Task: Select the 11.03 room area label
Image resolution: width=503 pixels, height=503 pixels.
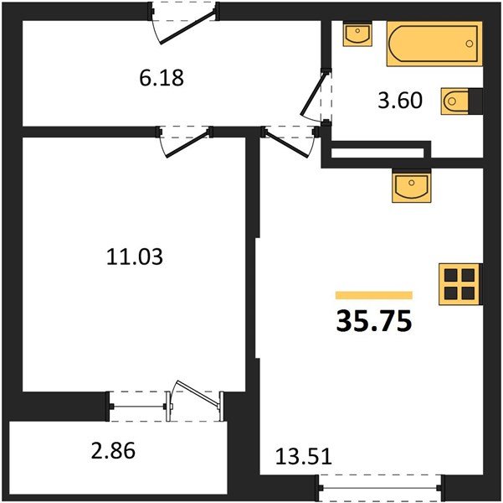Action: coord(135,257)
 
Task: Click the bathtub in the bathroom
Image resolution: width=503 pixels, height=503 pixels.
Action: coord(432,44)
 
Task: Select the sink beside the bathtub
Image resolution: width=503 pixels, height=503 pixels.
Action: coord(358,36)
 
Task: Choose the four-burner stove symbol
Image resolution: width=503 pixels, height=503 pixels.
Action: coord(460,284)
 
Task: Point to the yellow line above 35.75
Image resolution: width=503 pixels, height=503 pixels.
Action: coord(373,295)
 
